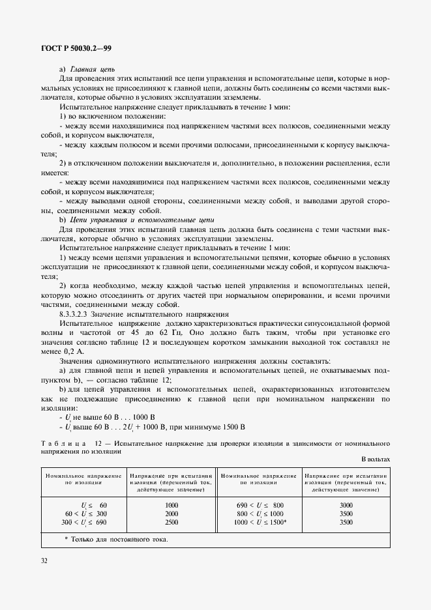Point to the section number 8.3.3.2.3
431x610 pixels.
pos(78,313)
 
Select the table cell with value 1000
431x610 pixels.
pos(171,505)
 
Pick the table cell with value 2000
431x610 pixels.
pos(171,514)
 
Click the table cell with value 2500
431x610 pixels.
pos(171,522)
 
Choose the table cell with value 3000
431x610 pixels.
pos(346,505)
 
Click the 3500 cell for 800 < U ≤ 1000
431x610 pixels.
pos(346,514)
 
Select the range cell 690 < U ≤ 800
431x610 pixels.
pos(260,505)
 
